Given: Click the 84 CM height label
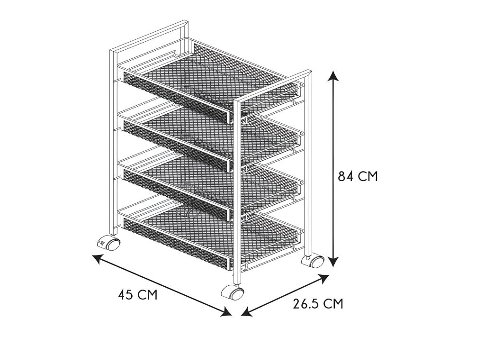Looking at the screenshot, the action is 358,176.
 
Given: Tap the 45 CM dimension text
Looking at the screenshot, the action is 138,294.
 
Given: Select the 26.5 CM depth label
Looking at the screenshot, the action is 318,303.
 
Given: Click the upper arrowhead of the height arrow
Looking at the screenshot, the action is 333,76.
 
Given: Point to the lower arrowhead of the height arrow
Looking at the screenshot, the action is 333,261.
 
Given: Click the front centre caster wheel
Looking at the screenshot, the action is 233,292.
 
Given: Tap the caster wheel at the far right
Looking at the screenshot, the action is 313,261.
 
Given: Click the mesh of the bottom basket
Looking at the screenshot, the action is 210,235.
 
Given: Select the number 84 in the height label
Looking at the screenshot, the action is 345,176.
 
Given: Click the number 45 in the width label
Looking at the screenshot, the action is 125,294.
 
